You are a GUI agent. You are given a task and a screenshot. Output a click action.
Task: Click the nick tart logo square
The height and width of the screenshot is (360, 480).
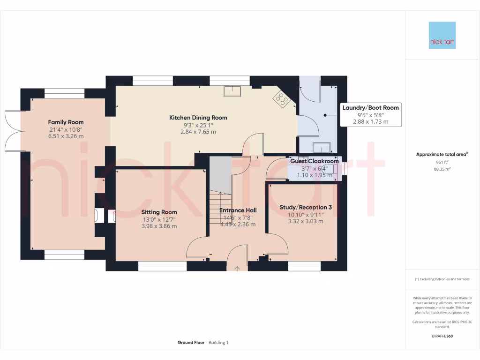pos(442,35)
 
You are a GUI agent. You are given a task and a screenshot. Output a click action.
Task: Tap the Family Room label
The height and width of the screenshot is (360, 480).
pos(66,122)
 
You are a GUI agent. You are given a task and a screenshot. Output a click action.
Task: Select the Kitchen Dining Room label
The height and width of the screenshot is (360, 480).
pos(198,118)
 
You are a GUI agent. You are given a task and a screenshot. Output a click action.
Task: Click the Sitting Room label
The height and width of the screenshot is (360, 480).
pos(159,212)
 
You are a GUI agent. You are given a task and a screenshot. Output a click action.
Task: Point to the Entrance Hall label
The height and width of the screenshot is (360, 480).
pos(238,210)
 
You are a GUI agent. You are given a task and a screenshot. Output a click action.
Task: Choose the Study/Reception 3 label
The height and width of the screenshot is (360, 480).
pos(306,207)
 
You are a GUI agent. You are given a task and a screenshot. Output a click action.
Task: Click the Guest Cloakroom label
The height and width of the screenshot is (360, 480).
pos(314,161)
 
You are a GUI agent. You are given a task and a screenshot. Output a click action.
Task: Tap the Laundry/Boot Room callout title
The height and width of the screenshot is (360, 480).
pos(370,108)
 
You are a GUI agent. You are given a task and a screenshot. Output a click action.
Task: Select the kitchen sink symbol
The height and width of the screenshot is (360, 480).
pos(232,91)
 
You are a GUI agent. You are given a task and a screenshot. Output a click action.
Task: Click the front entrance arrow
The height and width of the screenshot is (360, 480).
pos(237,269)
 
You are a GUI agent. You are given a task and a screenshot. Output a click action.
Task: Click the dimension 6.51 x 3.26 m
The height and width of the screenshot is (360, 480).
pos(66,136)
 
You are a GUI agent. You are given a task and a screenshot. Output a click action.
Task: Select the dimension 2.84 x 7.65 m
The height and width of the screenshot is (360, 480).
pos(198,132)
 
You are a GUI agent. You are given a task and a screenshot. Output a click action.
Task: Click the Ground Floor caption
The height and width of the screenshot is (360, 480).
pos(191,343)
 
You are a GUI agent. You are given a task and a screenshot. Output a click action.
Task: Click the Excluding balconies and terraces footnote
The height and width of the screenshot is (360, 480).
pos(442,279)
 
